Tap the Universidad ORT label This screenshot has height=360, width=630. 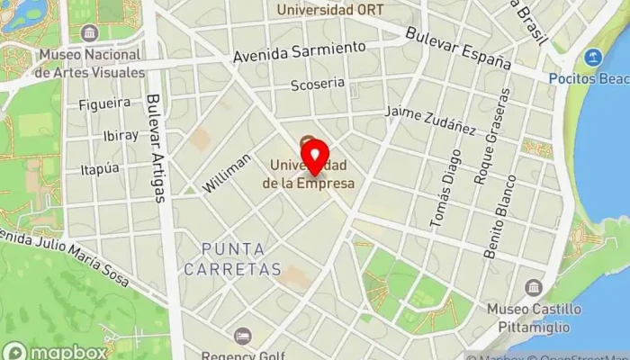click(x=330, y=10)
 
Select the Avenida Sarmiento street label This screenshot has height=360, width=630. click(x=300, y=50)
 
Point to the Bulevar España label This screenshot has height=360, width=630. click(x=458, y=49)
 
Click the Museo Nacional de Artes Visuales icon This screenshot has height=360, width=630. click(x=89, y=33)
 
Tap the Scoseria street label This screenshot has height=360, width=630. click(x=318, y=85)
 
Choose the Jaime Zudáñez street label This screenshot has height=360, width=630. click(x=430, y=119)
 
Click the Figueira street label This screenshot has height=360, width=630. click(x=104, y=103)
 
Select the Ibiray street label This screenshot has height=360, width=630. click(x=121, y=135)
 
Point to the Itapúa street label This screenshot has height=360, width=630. click(x=100, y=168)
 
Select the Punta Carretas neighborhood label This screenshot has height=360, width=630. click(x=233, y=258)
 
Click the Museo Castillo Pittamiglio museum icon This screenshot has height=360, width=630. click(x=534, y=288)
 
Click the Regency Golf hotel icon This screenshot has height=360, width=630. click(x=241, y=336)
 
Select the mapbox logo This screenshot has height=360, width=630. click(x=55, y=351)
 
